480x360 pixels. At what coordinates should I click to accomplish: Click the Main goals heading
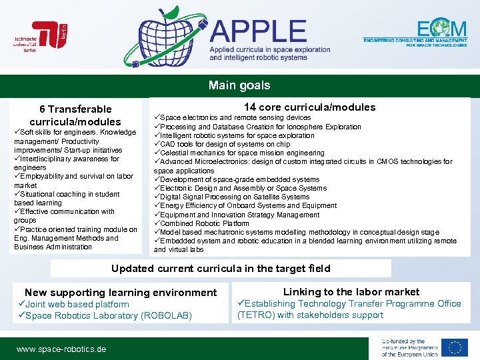click(x=239, y=85)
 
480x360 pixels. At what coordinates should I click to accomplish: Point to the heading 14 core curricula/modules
click(x=309, y=107)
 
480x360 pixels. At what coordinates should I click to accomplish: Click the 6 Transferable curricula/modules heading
click(x=75, y=115)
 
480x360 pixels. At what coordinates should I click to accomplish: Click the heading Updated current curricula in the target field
click(x=221, y=269)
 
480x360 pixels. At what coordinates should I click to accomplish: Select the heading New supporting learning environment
click(x=121, y=292)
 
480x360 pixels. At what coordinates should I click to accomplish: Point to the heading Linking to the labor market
click(x=351, y=291)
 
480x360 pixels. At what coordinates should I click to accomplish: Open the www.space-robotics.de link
click(x=61, y=349)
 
